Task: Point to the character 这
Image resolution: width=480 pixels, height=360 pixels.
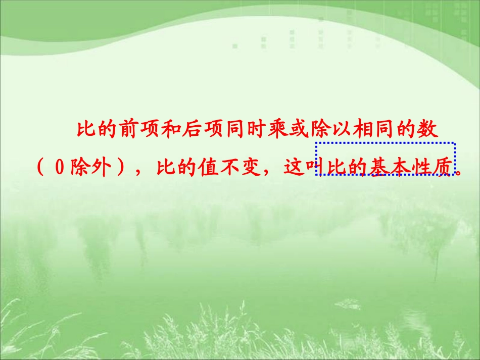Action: point(294,167)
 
